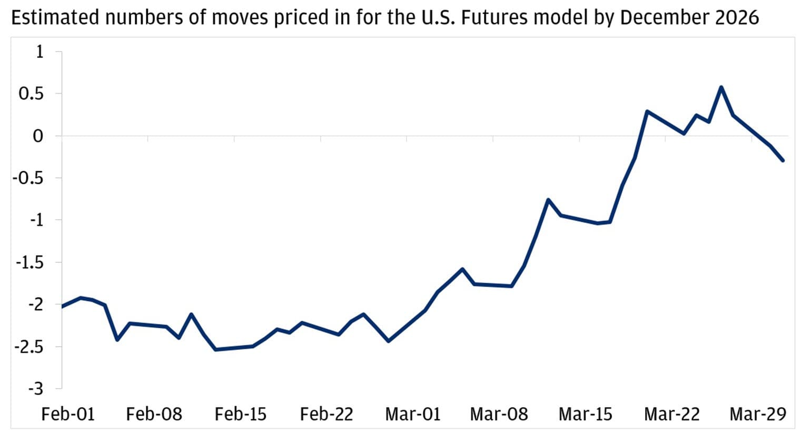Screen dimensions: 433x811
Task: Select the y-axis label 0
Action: (38, 136)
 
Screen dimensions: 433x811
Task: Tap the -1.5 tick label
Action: (29, 262)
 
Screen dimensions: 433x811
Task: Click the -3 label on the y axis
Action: (35, 389)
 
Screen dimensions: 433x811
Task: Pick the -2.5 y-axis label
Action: (29, 347)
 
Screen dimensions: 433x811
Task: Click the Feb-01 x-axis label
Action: (68, 414)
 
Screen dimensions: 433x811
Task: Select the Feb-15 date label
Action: (241, 414)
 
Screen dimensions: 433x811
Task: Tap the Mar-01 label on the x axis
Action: (412, 414)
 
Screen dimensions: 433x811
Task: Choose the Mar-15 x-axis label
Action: (585, 414)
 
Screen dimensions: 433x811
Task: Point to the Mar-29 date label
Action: (757, 414)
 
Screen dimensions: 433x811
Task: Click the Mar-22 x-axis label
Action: (671, 414)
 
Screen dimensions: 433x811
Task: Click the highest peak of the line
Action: (721, 87)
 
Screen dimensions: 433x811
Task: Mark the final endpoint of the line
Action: (783, 161)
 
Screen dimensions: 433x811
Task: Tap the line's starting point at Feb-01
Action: (62, 307)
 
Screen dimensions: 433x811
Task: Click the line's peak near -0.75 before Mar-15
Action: (548, 200)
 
